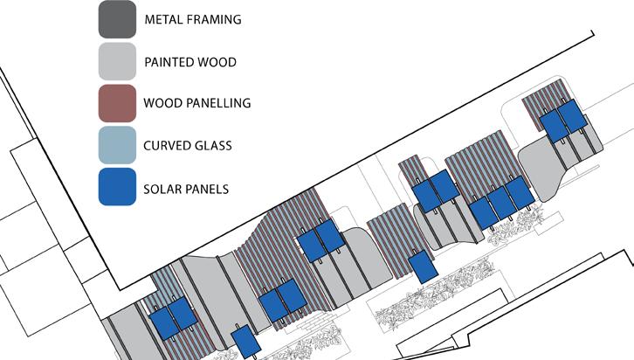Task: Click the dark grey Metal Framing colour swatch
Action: (117, 19)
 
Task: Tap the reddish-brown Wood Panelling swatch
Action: (117, 103)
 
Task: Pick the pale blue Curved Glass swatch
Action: (117, 145)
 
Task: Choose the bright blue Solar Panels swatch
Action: (117, 187)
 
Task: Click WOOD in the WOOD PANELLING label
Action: (163, 104)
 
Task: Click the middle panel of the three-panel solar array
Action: (500, 203)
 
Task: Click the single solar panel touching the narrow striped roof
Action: (424, 267)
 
